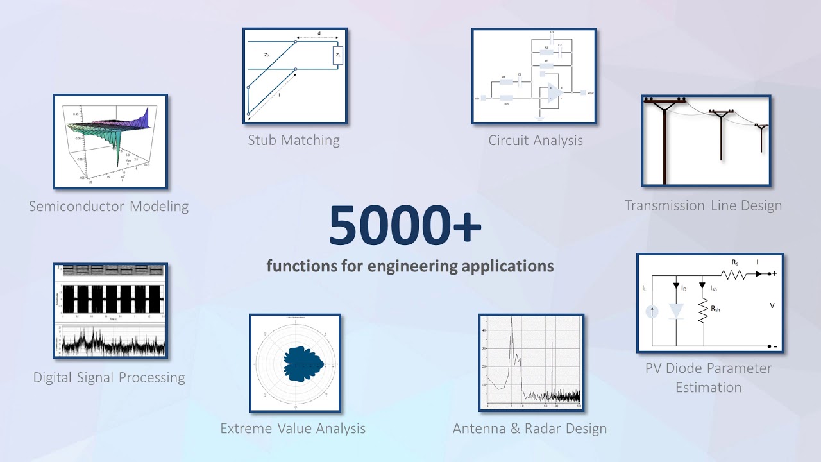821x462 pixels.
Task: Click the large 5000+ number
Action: click(x=405, y=227)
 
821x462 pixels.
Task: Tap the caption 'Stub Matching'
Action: click(x=294, y=140)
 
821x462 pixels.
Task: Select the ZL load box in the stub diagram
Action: click(x=338, y=56)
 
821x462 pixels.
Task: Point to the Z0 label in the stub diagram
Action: click(x=267, y=56)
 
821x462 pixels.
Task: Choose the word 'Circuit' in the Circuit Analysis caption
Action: click(x=511, y=140)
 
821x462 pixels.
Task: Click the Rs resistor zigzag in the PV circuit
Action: click(x=733, y=274)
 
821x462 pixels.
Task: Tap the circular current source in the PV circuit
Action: click(x=652, y=312)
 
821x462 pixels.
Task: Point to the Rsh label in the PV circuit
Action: click(x=715, y=309)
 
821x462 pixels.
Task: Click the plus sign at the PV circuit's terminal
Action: click(x=775, y=274)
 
